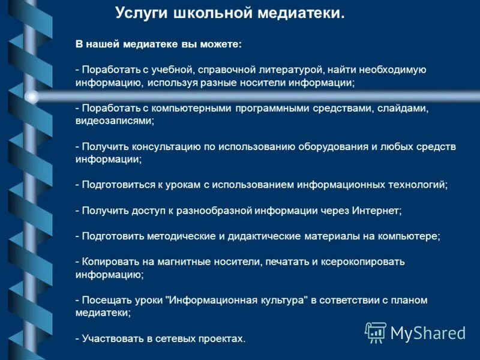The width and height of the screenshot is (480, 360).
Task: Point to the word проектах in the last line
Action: click(220, 339)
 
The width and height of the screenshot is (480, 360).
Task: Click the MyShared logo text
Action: click(428, 332)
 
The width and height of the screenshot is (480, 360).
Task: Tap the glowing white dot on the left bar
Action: click(32, 97)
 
